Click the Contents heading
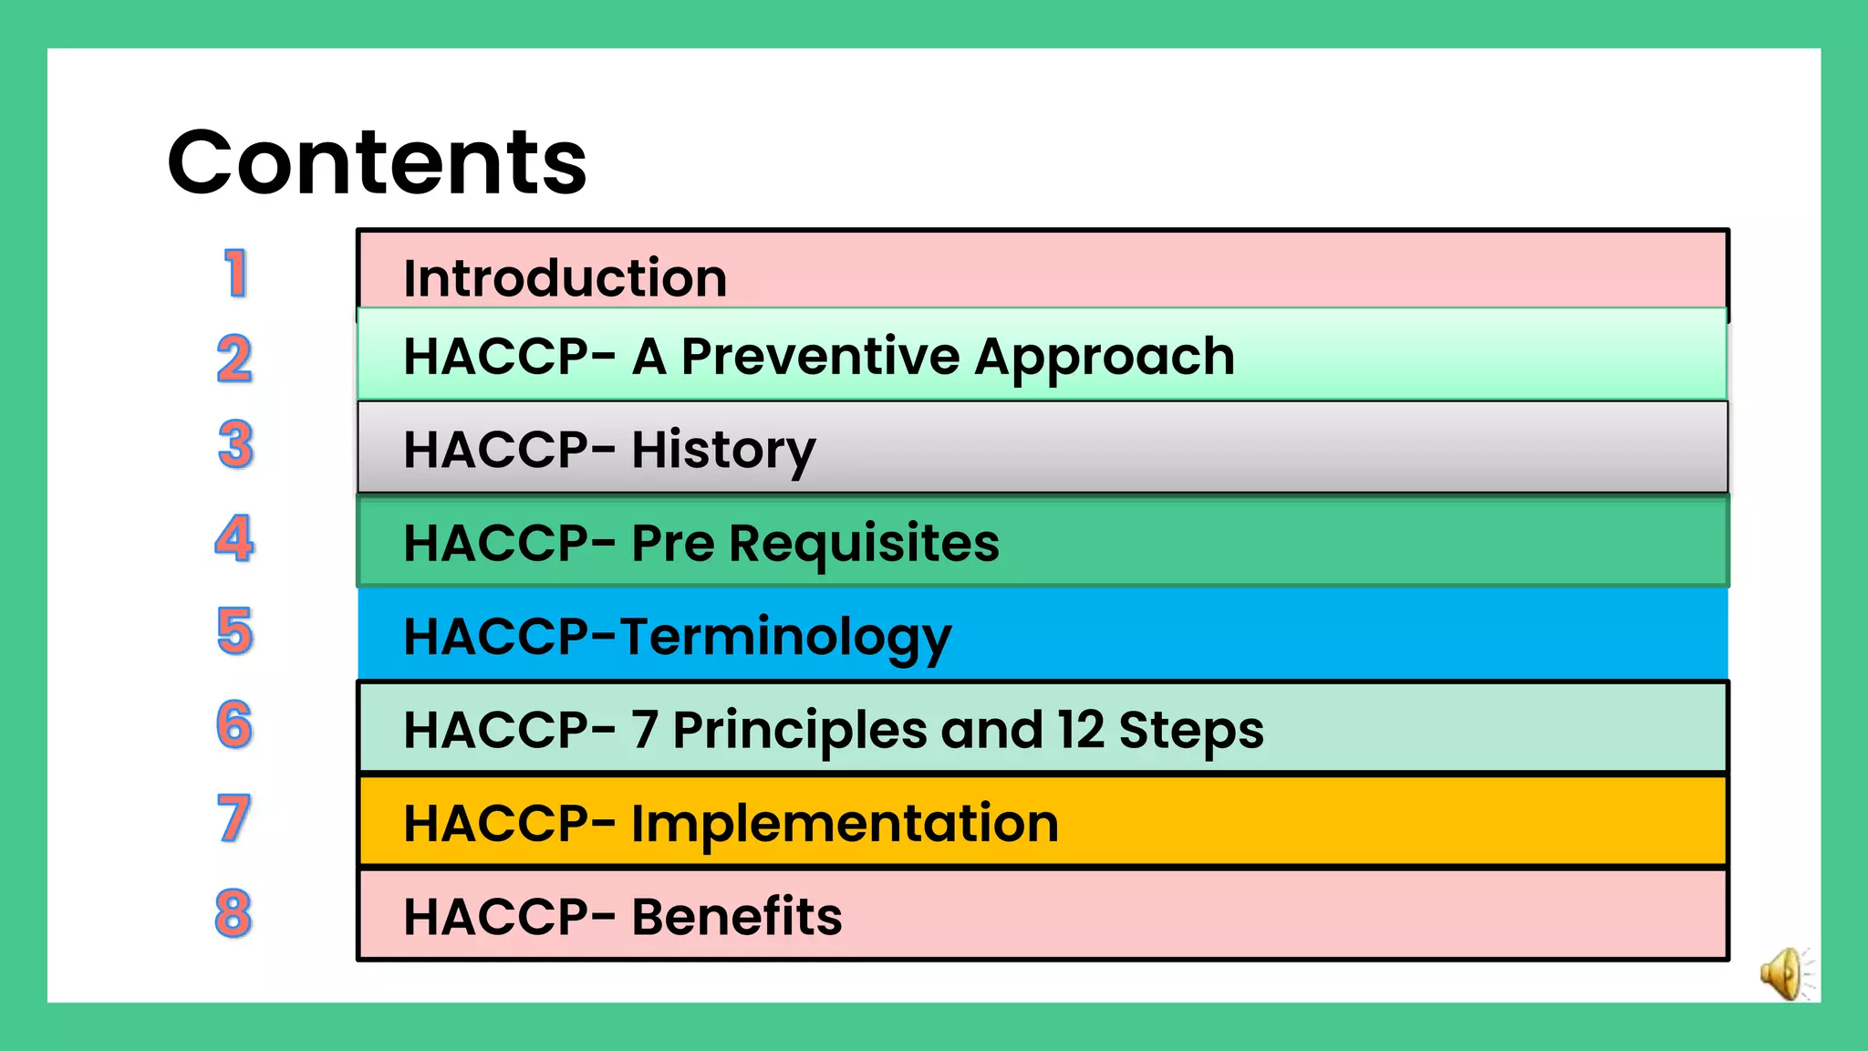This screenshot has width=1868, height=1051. click(x=377, y=162)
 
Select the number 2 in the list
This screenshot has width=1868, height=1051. click(x=234, y=359)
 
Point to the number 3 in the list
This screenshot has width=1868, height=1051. click(x=235, y=444)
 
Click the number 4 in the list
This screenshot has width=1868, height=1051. click(x=234, y=538)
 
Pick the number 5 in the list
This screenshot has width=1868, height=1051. click(x=234, y=631)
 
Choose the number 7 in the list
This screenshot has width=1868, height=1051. click(x=233, y=818)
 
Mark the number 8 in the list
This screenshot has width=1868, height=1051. click(x=233, y=912)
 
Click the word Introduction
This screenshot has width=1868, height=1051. click(x=565, y=278)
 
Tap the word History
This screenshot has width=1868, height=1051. click(x=723, y=450)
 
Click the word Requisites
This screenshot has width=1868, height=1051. click(x=864, y=544)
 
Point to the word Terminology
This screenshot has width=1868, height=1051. click(x=785, y=637)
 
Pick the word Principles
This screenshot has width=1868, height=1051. click(x=799, y=731)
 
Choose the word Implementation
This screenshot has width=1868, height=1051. click(x=845, y=824)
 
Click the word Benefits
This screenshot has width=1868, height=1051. click(x=737, y=917)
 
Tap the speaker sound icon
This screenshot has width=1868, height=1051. click(x=1784, y=973)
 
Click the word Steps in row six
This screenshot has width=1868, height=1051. click(x=1190, y=731)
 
